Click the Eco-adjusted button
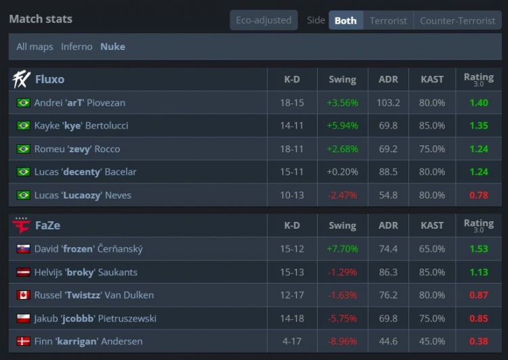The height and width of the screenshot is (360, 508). tap(263, 20)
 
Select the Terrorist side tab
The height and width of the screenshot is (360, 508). tap(388, 20)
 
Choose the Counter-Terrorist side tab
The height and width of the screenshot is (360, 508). tap(457, 20)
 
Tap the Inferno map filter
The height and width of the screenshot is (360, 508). tap(77, 47)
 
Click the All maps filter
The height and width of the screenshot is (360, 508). tap(35, 47)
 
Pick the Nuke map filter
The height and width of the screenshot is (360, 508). tap(112, 47)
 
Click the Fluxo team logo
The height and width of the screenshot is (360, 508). tap(21, 79)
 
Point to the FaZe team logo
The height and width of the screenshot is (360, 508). tap(21, 225)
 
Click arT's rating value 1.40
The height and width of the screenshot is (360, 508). tap(479, 103)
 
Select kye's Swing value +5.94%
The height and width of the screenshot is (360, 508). tap(342, 126)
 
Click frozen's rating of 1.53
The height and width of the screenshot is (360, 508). tap(479, 249)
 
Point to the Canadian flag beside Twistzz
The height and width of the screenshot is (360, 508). tap(24, 295)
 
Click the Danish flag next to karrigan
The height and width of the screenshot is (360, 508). tap(24, 341)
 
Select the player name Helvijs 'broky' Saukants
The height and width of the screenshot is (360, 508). tap(85, 272)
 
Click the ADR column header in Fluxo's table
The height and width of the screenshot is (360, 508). tap(389, 79)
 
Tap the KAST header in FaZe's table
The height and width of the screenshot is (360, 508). tap(432, 225)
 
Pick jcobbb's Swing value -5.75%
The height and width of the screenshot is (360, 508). tap(342, 318)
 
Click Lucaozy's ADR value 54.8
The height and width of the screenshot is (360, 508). tap(389, 195)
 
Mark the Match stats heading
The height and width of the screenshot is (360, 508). tap(41, 19)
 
